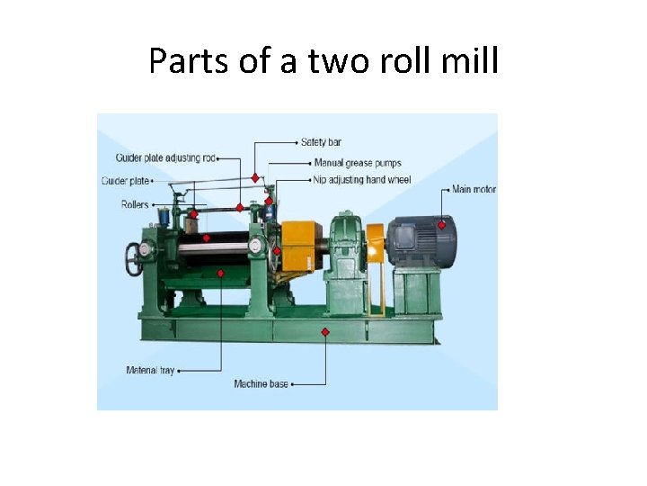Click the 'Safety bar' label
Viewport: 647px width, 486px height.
(321, 142)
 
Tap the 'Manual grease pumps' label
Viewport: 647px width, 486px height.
(357, 164)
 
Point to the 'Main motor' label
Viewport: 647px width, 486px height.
(474, 190)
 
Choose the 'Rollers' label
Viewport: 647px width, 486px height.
(135, 205)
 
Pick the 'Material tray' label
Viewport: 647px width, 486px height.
(149, 370)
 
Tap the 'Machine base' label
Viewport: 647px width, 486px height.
(261, 384)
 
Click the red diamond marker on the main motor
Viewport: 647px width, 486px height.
(441, 225)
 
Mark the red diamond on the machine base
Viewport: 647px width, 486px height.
(325, 332)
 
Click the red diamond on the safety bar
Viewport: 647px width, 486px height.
(256, 177)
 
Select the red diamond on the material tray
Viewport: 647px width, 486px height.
(207, 238)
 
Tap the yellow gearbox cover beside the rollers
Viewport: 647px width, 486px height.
(297, 245)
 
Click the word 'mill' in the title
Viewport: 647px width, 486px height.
(468, 61)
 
